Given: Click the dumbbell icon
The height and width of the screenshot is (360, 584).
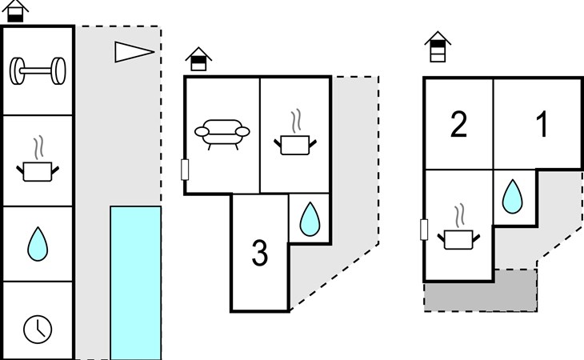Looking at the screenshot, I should click(38, 71).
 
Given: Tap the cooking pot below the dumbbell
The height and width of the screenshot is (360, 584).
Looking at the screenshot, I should click(38, 164).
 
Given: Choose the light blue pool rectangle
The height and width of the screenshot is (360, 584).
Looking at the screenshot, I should click(135, 282).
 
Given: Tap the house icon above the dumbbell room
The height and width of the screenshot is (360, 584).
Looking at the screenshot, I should click(18, 12).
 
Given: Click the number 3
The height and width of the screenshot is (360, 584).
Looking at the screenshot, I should click(260, 254).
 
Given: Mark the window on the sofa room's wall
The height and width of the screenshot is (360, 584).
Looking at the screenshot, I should click(186, 170).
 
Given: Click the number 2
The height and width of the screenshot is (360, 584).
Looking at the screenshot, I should click(458, 126).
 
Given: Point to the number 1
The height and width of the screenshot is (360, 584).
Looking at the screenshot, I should click(542, 126).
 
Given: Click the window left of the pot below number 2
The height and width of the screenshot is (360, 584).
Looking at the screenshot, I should click(424, 230).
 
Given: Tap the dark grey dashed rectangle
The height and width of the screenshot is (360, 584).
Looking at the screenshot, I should click(480, 290).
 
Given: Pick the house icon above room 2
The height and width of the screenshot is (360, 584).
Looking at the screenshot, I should click(437, 46).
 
